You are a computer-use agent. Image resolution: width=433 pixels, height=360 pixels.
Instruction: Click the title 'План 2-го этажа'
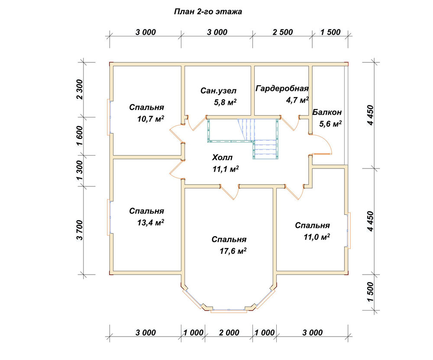[x=208, y=12]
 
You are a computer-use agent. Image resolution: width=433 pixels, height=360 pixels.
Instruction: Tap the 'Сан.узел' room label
[x=218, y=91]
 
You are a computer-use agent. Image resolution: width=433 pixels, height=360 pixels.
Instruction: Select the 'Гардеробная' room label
[x=282, y=88]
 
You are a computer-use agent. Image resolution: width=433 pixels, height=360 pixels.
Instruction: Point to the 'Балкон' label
[x=327, y=112]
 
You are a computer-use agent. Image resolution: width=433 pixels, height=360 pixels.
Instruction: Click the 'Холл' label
[x=222, y=158]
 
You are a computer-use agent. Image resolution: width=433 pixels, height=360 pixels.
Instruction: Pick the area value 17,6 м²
[x=233, y=251]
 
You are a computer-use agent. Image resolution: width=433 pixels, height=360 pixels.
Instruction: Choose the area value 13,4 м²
[x=151, y=222]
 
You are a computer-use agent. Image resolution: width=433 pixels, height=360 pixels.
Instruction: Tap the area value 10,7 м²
[x=151, y=119]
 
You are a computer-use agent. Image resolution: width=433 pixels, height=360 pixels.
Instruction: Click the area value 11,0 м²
[x=317, y=237]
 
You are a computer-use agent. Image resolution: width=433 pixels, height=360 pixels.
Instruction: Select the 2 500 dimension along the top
[x=282, y=32]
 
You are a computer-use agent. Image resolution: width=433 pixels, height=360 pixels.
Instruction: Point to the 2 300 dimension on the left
[x=80, y=89]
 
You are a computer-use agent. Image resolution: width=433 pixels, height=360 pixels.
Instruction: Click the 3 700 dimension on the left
[x=80, y=230]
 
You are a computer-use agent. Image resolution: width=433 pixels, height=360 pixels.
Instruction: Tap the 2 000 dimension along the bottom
[x=229, y=332]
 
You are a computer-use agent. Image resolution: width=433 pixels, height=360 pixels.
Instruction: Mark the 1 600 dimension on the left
[x=80, y=136]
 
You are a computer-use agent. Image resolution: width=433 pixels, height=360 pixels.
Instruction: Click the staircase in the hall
[x=243, y=137]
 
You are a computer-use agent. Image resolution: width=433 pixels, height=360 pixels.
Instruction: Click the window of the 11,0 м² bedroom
[x=349, y=230]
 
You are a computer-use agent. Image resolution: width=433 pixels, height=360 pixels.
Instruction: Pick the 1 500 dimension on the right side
[x=371, y=292]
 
